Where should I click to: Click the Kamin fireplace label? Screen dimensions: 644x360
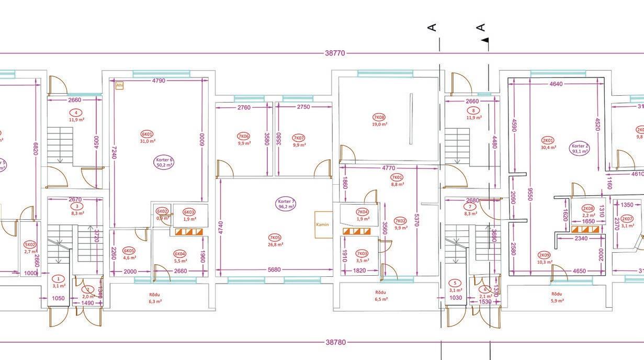tap(323, 224)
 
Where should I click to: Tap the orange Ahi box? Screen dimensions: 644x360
tap(120, 85)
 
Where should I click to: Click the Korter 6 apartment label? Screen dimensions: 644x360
tap(164, 162)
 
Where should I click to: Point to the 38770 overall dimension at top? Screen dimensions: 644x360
tap(335, 53)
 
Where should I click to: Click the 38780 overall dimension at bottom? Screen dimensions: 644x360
tap(335, 342)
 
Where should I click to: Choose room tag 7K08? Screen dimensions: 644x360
tap(379, 117)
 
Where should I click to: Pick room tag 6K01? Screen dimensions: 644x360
tap(148, 134)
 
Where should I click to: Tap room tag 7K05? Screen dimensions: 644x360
tap(275, 238)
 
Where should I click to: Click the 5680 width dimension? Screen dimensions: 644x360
tap(274, 270)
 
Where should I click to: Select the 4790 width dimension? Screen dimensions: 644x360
tap(159, 81)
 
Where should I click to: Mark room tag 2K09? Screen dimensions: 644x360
tap(544, 255)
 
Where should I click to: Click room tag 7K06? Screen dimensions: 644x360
tap(244, 136)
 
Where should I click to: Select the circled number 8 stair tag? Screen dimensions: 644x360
tap(473, 110)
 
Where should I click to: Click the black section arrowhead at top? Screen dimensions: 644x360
tap(485, 40)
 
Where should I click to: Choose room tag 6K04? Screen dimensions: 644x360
tap(180, 254)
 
